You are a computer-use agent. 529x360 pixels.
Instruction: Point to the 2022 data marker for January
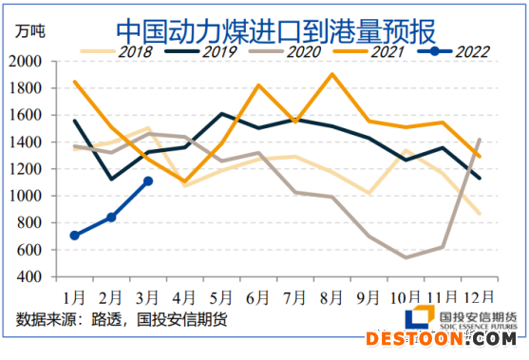[x=75, y=236]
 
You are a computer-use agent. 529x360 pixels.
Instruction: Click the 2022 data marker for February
[x=111, y=218]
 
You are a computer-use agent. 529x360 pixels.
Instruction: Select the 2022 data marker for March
[x=148, y=180]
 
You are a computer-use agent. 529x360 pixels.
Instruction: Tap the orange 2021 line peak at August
[x=331, y=74]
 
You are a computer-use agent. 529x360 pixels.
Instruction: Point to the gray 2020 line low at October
[x=406, y=257]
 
